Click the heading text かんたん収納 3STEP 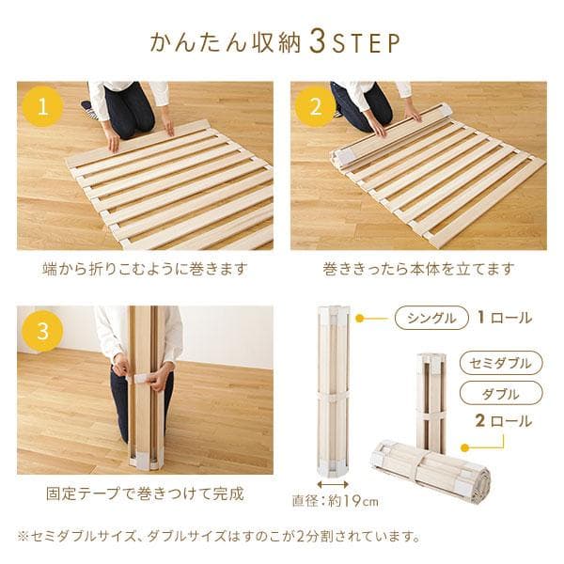(x=275, y=43)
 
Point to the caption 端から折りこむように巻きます (x=146, y=269)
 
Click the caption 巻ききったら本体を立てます (x=418, y=269)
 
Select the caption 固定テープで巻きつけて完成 (x=145, y=493)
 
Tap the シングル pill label (x=431, y=318)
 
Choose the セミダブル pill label (x=501, y=363)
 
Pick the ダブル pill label (x=501, y=392)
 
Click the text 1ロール (x=504, y=318)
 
